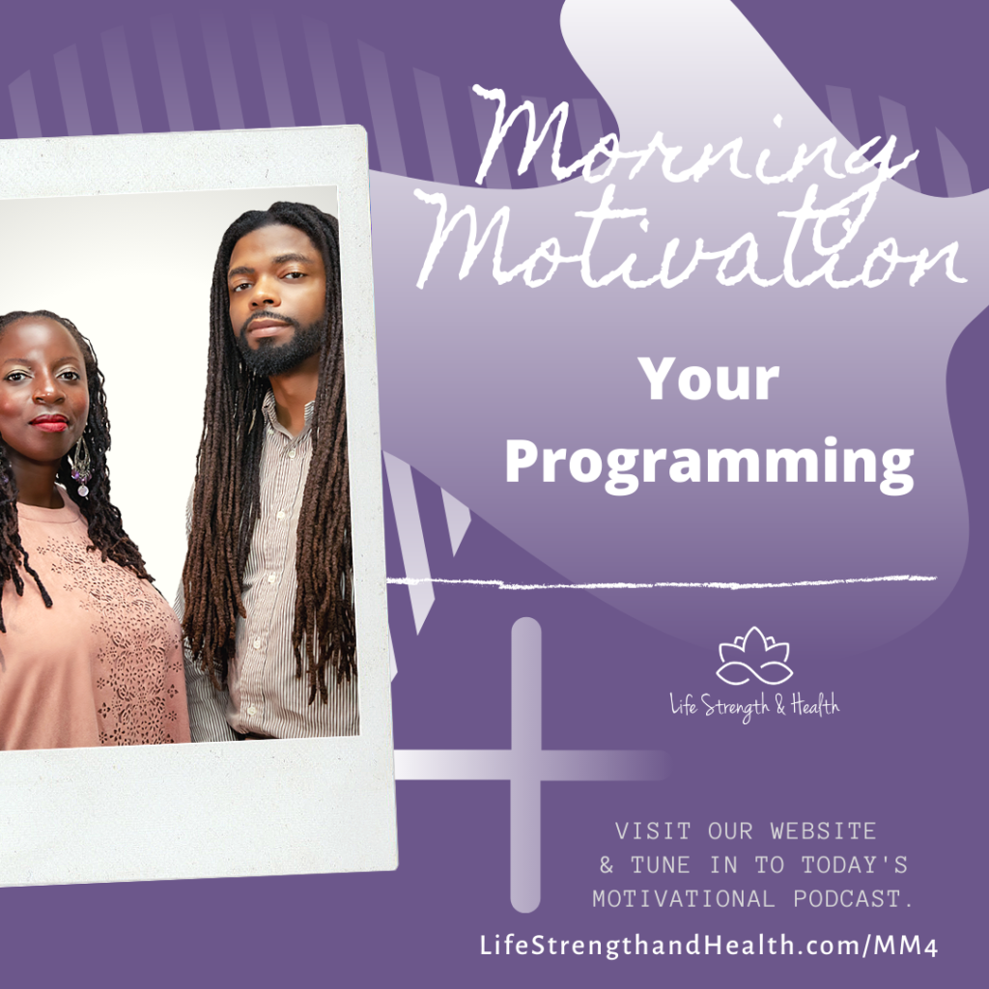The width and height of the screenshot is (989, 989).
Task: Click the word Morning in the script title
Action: pos(693,142)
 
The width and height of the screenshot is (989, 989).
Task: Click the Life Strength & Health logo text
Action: pos(754,705)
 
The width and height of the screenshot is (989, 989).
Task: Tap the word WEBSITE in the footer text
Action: pos(823,832)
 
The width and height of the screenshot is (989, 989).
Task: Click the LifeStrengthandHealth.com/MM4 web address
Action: pos(709,946)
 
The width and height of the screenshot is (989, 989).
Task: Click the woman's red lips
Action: pos(50,423)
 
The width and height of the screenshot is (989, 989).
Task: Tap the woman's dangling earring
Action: pos(81,466)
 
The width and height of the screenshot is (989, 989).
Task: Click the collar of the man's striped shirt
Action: pos(287,415)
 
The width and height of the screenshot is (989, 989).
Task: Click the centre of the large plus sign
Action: pos(526,765)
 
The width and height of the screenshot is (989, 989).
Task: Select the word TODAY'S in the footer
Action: pos(855,865)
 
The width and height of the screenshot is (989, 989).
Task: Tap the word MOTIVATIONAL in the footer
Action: pos(684,899)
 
